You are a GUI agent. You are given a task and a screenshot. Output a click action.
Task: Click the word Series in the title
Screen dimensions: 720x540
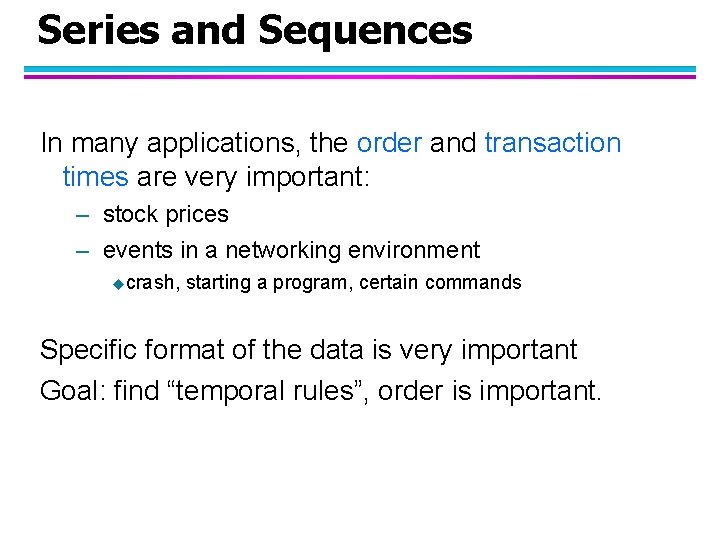98,30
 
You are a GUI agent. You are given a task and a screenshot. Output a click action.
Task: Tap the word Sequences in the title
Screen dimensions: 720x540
365,32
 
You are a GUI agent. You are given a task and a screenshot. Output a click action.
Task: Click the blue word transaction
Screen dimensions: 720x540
553,143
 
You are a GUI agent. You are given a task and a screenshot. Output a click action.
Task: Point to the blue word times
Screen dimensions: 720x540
95,178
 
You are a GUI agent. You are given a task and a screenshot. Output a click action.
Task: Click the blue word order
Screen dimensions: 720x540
389,143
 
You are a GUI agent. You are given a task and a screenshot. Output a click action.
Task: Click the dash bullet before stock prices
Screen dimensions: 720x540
81,215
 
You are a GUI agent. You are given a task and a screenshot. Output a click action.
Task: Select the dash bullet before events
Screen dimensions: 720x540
81,250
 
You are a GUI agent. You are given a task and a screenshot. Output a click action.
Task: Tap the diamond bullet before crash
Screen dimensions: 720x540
118,284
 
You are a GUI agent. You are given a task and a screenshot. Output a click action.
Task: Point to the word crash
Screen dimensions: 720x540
152,283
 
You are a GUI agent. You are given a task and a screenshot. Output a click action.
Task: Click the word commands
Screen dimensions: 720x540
482,283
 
